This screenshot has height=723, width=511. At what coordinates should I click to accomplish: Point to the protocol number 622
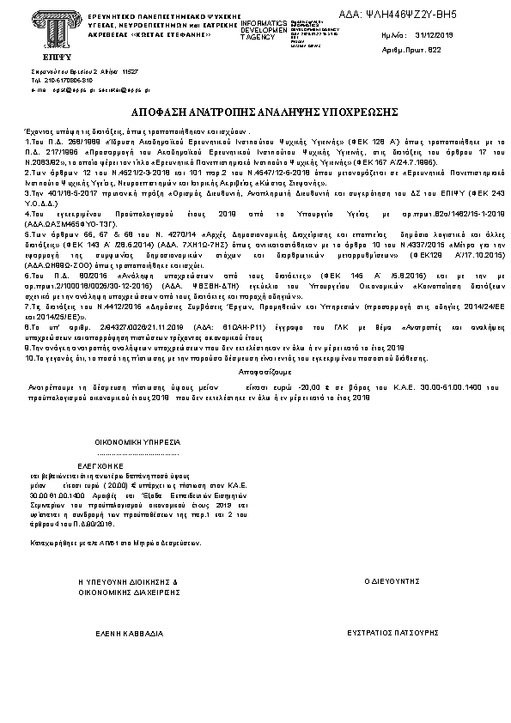[x=434, y=51]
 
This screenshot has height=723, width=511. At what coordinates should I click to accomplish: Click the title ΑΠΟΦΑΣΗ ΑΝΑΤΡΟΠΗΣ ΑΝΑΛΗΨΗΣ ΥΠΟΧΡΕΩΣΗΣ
[x=255, y=112]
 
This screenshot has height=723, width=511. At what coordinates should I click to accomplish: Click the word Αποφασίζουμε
[x=255, y=374]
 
